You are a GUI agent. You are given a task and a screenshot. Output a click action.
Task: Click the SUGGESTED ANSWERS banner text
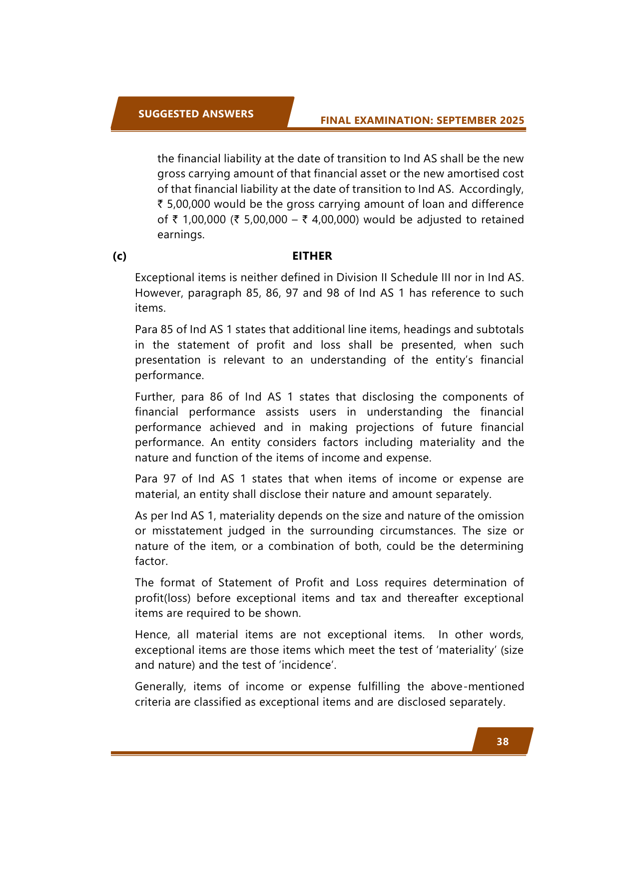(x=196, y=114)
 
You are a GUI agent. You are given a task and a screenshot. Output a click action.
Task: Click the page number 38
(x=503, y=742)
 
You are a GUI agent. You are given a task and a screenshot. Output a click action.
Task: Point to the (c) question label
(x=119, y=256)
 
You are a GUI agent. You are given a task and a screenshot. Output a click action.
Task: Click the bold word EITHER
(x=312, y=256)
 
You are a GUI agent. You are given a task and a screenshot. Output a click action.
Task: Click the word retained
(x=502, y=220)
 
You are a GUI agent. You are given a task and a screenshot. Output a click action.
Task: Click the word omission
(x=502, y=516)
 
